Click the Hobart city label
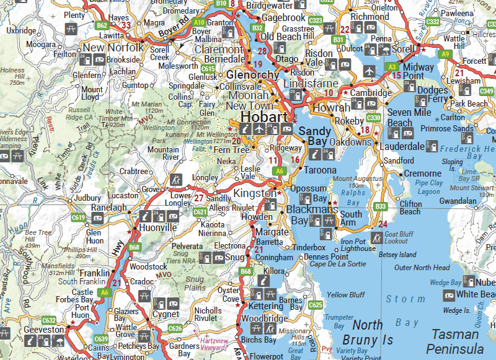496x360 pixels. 264,117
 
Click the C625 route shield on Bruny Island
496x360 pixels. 316,305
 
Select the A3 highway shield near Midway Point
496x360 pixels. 391,66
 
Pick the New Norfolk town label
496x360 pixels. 113,47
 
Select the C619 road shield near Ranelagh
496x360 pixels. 78,217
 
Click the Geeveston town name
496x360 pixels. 43,330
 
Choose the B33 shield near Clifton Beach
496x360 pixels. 381,206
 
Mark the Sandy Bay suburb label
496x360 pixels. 314,136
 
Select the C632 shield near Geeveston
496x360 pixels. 49,320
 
